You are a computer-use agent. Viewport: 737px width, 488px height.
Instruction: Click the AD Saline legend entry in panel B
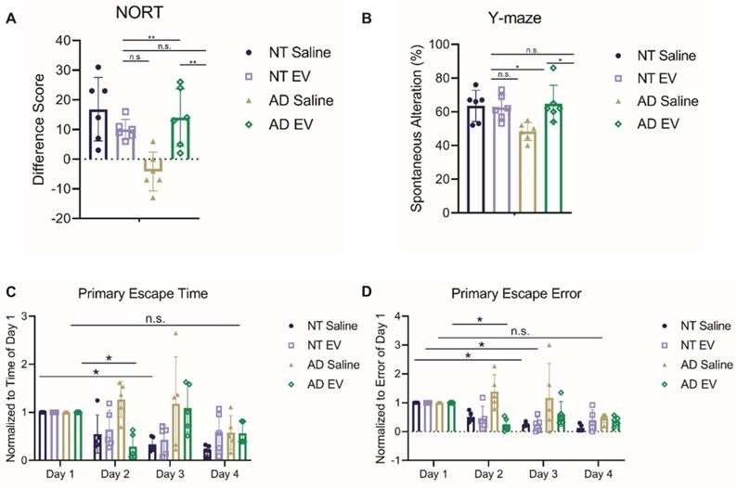pyautogui.click(x=660, y=101)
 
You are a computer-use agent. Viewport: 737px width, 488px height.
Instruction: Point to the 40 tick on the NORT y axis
pyautogui.click(x=63, y=41)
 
